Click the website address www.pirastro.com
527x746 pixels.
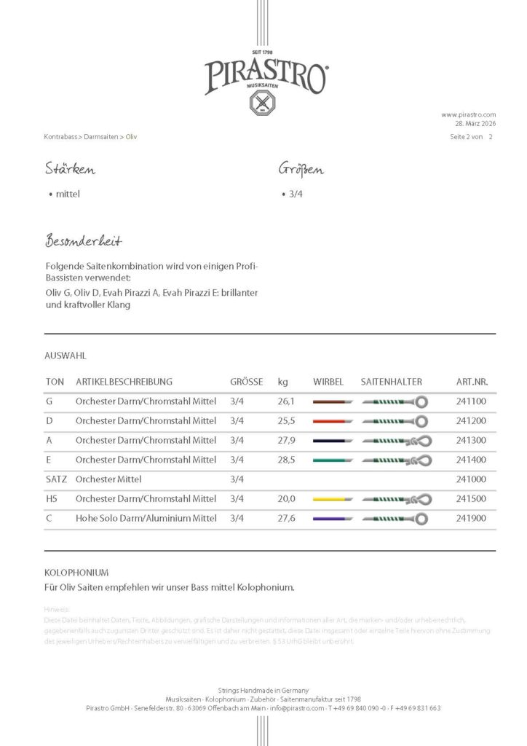coord(468,114)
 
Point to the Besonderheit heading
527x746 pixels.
coord(83,241)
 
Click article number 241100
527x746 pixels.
coord(472,401)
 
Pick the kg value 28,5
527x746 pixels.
coord(286,460)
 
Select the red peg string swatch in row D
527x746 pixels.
coord(333,421)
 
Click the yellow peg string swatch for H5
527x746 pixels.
coord(333,499)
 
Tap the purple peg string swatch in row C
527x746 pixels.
coord(333,519)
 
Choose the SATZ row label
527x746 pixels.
coord(56,479)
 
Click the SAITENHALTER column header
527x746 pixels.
coord(391,382)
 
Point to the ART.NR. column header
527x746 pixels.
coord(472,382)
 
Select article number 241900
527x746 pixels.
coord(472,519)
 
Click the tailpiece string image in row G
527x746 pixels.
coord(394,401)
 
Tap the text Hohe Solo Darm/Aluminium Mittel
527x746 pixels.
coord(146,519)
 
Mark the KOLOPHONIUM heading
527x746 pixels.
coord(76,573)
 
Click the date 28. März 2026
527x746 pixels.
coord(475,124)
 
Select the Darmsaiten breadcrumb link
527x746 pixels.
coord(101,137)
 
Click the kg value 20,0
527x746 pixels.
coord(286,499)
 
